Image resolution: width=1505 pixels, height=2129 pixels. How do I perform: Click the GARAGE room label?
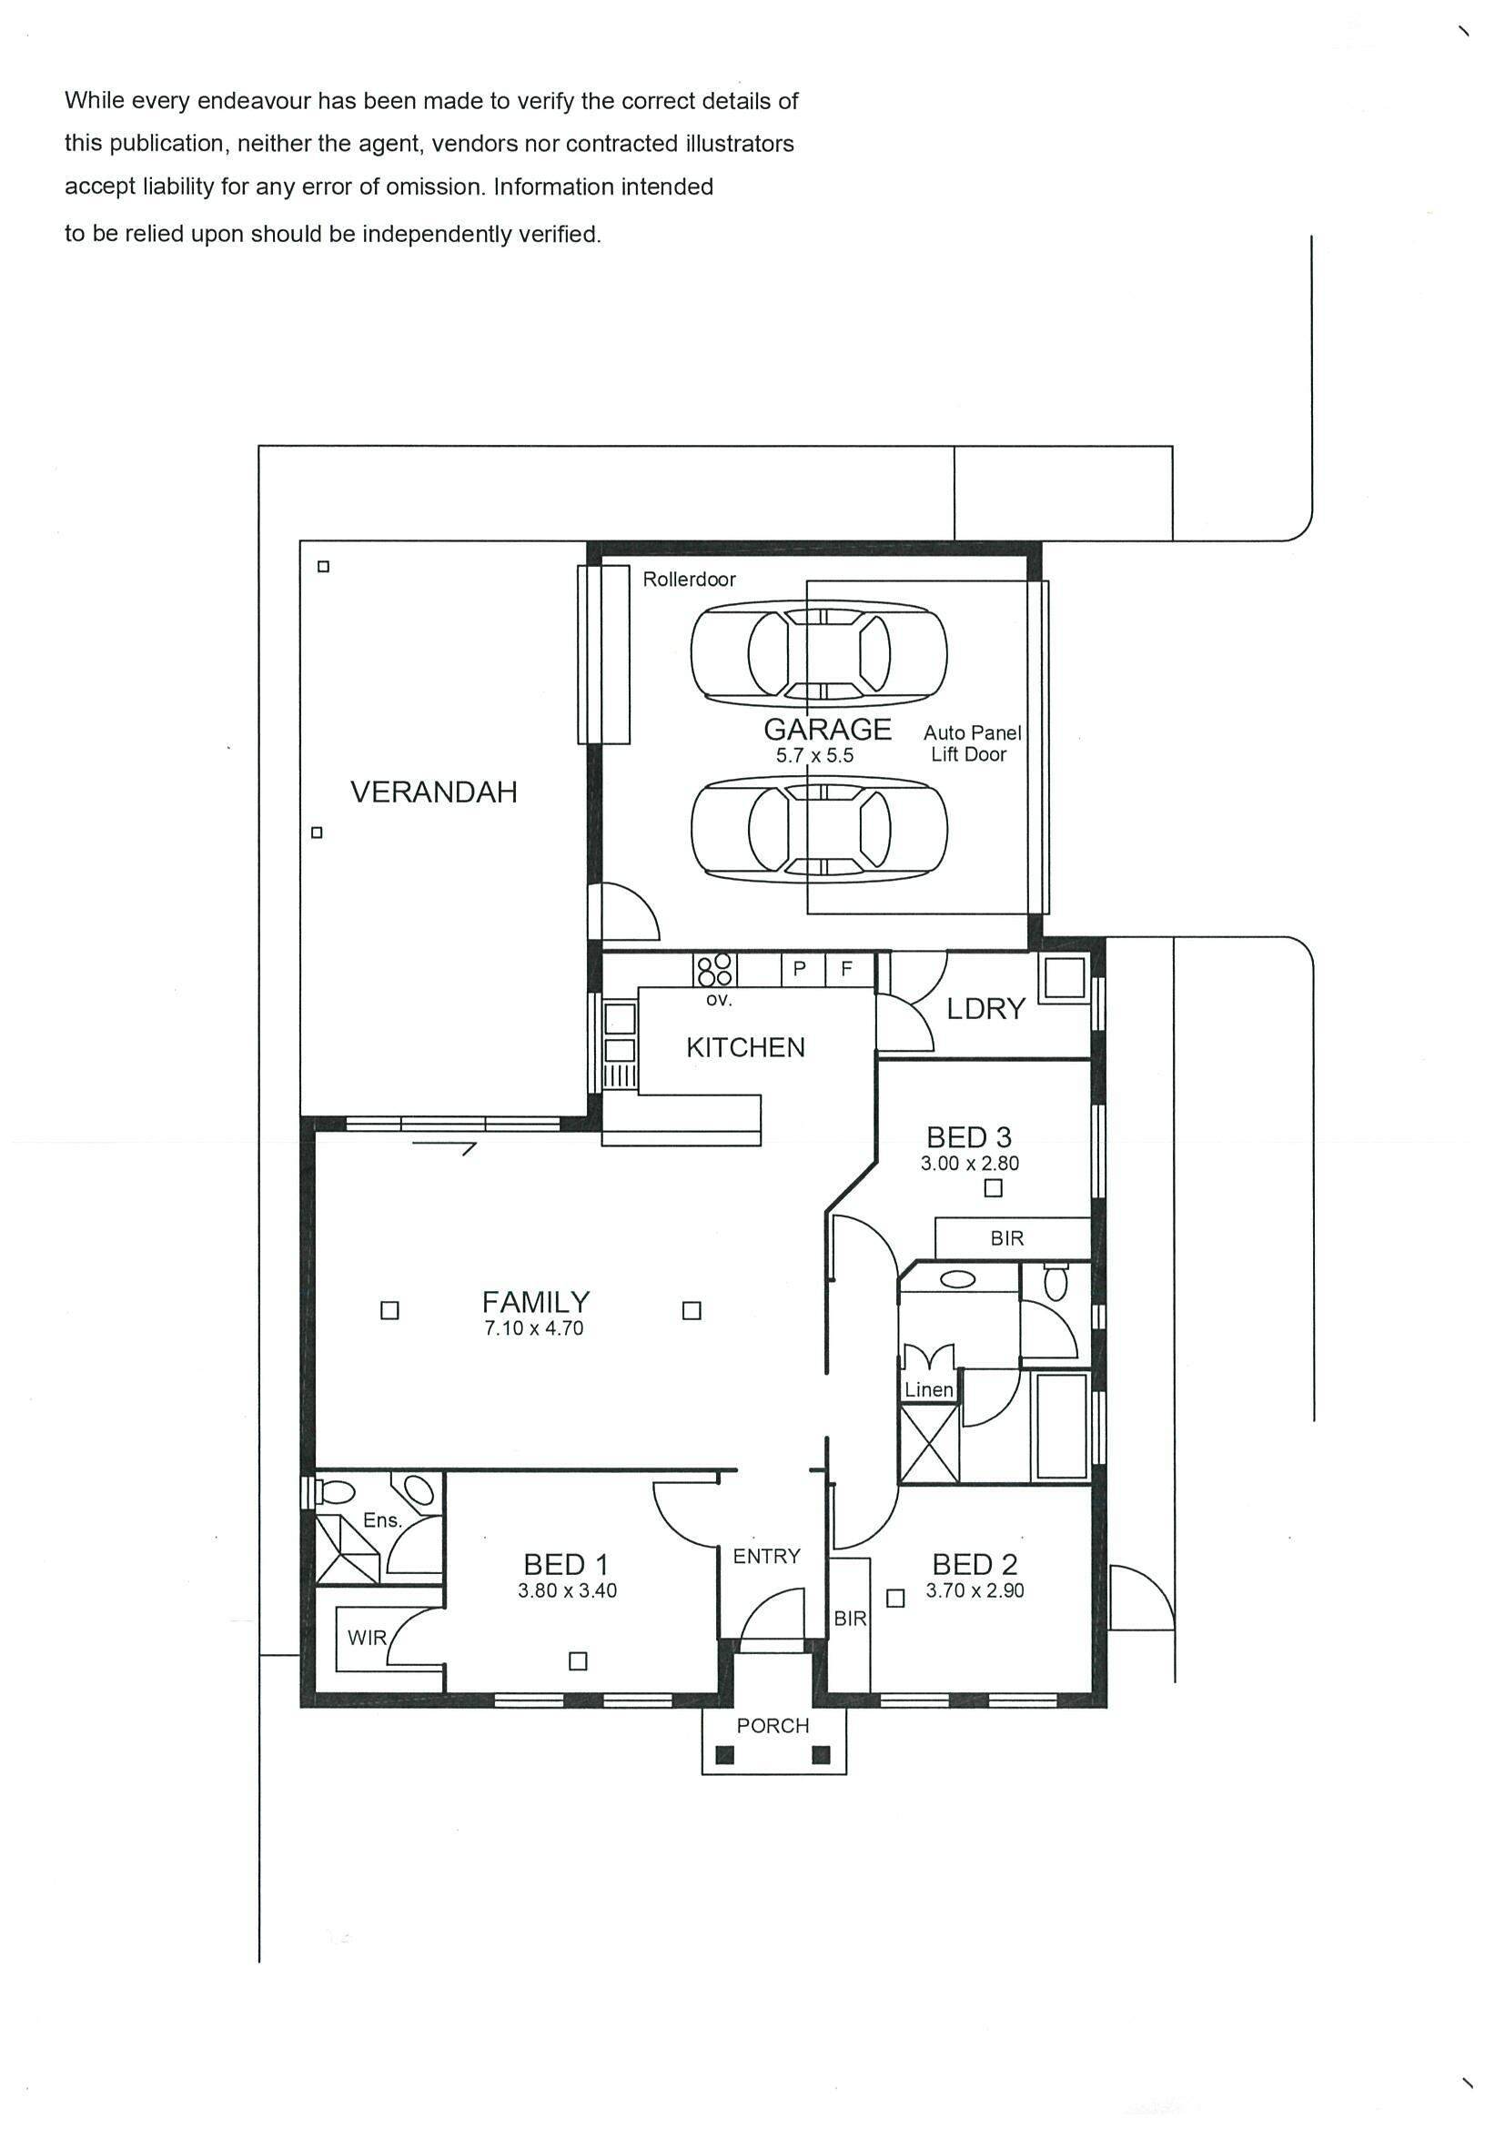pyautogui.click(x=827, y=730)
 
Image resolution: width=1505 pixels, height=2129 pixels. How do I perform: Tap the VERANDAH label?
pyautogui.click(x=434, y=792)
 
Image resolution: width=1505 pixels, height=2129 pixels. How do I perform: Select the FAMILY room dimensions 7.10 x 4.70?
pyautogui.click(x=534, y=1327)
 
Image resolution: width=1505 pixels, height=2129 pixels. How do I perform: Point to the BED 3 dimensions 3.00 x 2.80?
pyautogui.click(x=970, y=1163)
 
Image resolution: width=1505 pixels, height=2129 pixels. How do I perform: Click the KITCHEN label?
pyautogui.click(x=745, y=1048)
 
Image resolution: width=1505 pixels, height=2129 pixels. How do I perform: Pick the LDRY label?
pyautogui.click(x=985, y=1009)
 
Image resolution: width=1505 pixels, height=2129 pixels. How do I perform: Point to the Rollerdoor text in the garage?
pyautogui.click(x=689, y=580)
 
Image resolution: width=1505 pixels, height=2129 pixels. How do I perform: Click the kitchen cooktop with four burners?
pyautogui.click(x=715, y=970)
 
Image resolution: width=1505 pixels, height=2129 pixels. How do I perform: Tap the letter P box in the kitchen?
pyautogui.click(x=800, y=970)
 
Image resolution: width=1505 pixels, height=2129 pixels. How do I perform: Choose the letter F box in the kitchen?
pyautogui.click(x=846, y=970)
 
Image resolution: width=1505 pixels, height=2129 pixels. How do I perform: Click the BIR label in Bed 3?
pyautogui.click(x=1007, y=1239)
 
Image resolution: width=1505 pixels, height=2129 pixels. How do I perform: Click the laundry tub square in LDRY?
pyautogui.click(x=1065, y=977)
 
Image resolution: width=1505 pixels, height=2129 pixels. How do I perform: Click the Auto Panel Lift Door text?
pyautogui.click(x=972, y=743)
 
